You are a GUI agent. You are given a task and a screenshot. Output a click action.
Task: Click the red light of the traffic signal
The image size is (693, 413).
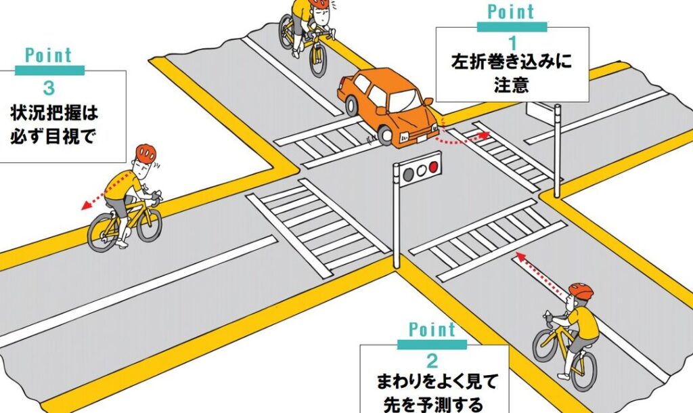(x=434, y=167)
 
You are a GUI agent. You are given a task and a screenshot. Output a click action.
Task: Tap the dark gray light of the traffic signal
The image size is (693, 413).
(x=409, y=174)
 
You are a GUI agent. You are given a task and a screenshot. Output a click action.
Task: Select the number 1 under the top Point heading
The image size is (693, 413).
(x=513, y=43)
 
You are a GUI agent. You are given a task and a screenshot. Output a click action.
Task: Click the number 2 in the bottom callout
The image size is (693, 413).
(x=432, y=362)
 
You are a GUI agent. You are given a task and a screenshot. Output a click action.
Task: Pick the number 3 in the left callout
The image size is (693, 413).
(x=49, y=88)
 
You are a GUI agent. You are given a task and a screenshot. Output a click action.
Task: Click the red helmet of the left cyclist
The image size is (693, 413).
(x=146, y=153)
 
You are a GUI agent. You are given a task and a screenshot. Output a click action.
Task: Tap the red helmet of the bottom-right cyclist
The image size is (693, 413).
(x=581, y=291)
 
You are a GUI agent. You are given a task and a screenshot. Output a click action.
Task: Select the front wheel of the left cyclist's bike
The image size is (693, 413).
(x=150, y=225)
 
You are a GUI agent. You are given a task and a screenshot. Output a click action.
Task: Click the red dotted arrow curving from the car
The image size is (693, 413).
(x=462, y=138)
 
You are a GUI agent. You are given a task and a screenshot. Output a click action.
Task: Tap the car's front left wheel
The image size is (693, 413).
(x=385, y=135)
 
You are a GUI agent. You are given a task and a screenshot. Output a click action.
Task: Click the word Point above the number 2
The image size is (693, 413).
(x=432, y=330)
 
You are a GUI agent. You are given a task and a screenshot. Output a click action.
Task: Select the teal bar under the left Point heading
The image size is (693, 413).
(x=49, y=70)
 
